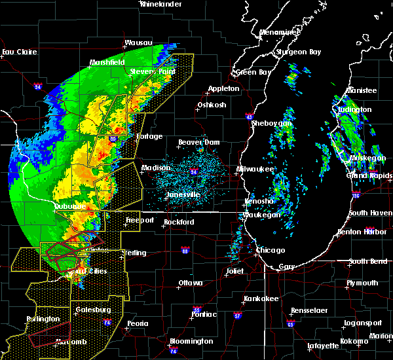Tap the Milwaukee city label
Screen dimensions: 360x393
[x=253, y=169]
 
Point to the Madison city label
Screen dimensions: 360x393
[x=156, y=168]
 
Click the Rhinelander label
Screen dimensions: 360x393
[x=161, y=4]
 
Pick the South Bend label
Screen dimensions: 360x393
[x=368, y=261]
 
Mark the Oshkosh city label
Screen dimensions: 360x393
[x=212, y=105]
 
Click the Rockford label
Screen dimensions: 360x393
[x=179, y=222]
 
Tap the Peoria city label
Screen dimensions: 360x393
[x=137, y=323]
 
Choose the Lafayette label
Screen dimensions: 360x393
[x=324, y=345]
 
